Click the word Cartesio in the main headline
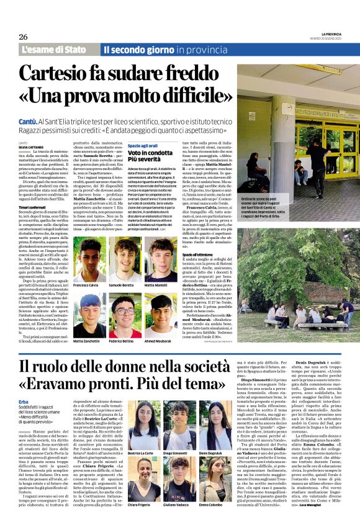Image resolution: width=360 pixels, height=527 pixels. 76,74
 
